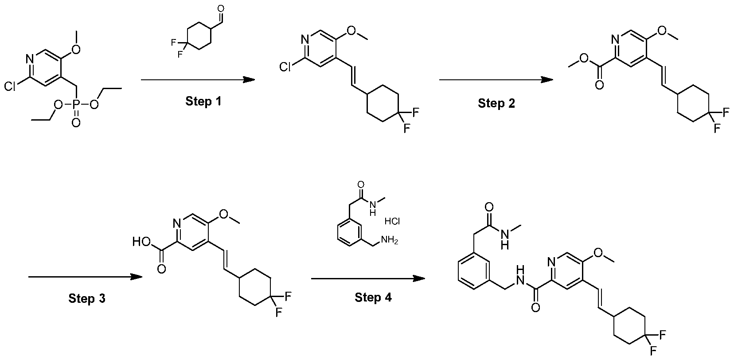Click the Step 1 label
coord(203,101)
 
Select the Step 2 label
coord(496,103)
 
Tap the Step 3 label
coord(87,298)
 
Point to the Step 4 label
coord(373,297)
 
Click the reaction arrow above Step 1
coord(198,80)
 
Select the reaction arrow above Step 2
coord(496,80)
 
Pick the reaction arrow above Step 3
coord(86,277)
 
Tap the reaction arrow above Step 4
coord(368,279)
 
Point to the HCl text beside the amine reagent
coord(392,222)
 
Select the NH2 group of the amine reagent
coord(389,241)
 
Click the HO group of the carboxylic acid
coord(141,242)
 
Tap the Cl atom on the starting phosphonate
coord(10,87)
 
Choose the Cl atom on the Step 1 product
coord(285,67)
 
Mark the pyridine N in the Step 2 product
coord(615,39)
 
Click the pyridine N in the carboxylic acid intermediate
coord(177,223)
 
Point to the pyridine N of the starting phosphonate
coord(30,59)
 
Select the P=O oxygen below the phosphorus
coord(76,123)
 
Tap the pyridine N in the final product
coord(551,262)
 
